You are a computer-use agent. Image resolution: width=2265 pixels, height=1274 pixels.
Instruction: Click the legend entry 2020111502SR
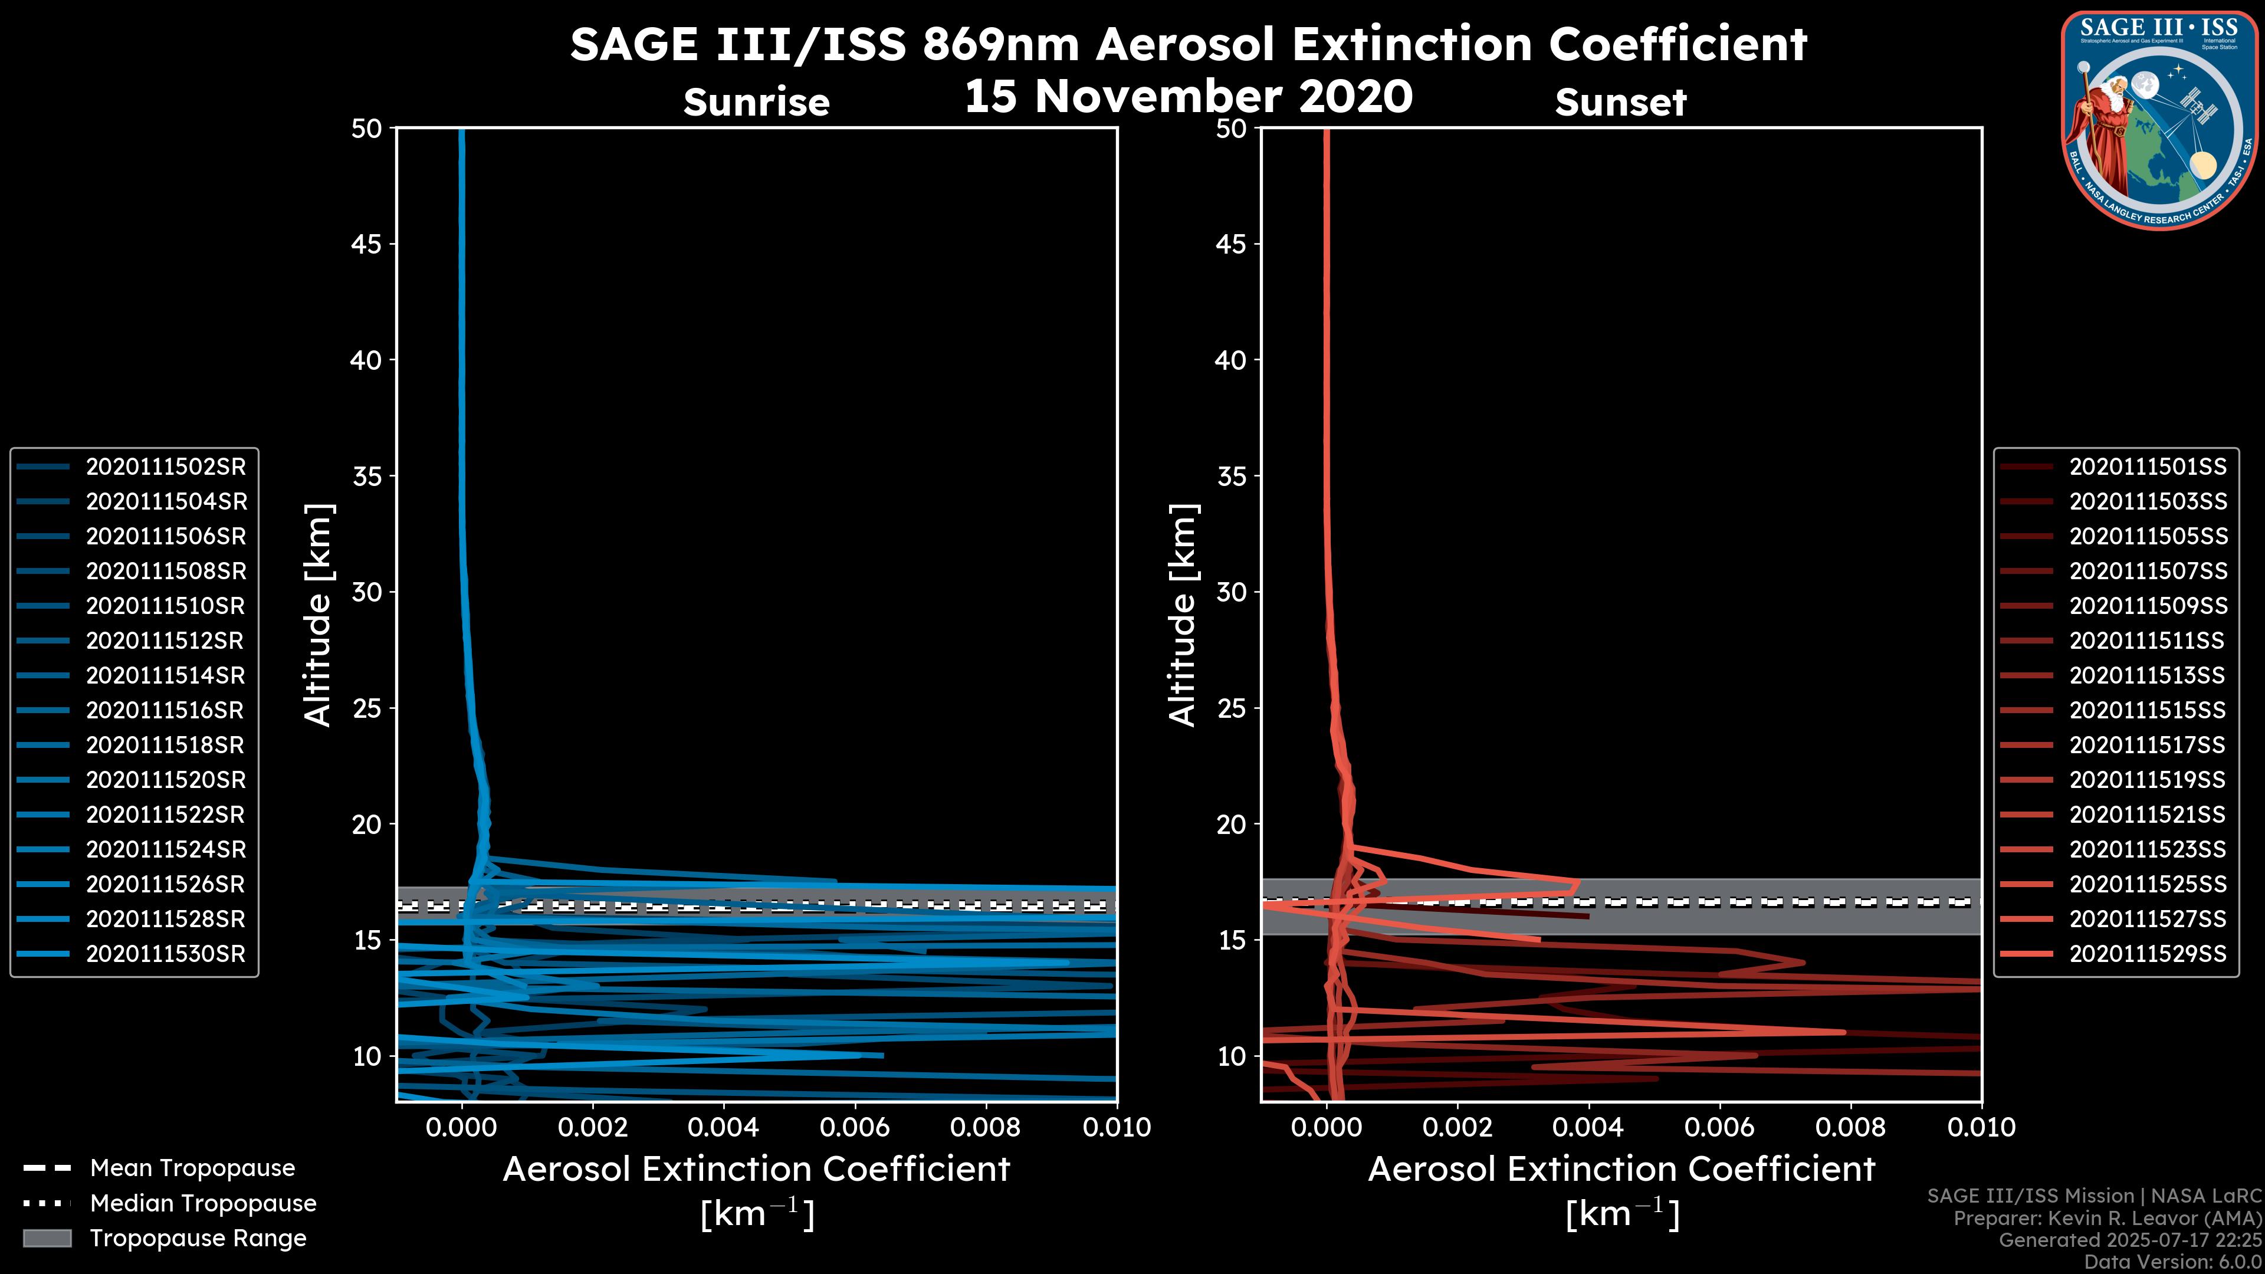pyautogui.click(x=165, y=467)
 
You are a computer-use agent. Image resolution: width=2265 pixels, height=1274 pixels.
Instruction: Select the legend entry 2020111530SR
pyautogui.click(x=165, y=954)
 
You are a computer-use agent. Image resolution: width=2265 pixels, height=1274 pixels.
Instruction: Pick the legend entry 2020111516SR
pyautogui.click(x=165, y=710)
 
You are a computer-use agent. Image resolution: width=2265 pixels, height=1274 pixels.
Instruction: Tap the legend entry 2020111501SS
pyautogui.click(x=2147, y=467)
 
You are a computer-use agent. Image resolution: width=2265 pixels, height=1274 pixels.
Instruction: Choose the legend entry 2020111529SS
pyautogui.click(x=2147, y=954)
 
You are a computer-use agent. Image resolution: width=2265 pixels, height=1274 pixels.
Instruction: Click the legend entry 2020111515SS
pyautogui.click(x=2147, y=710)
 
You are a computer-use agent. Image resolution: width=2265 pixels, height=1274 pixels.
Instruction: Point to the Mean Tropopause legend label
pyautogui.click(x=192, y=1168)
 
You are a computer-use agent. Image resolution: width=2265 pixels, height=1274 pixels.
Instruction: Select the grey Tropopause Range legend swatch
pyautogui.click(x=47, y=1238)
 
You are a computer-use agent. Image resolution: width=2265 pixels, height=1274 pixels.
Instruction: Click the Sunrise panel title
pyautogui.click(x=756, y=103)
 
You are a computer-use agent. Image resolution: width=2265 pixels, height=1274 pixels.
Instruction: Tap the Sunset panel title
pyautogui.click(x=1620, y=103)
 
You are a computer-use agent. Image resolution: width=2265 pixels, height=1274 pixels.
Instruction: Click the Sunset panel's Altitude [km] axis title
pyautogui.click(x=1183, y=615)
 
